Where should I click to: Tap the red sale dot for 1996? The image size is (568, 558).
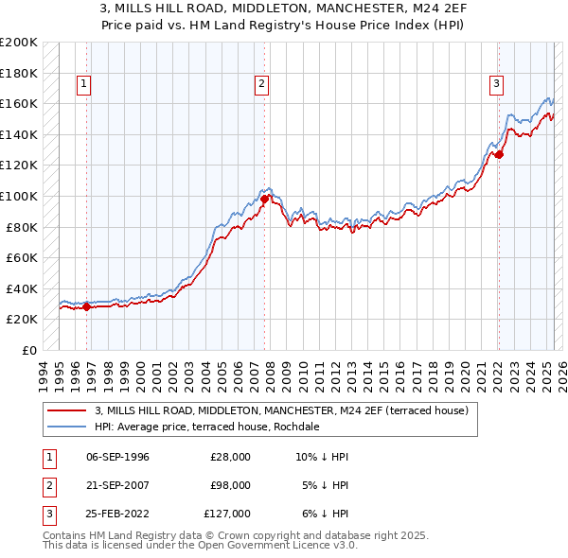click(86, 306)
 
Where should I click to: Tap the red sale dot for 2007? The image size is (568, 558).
click(264, 200)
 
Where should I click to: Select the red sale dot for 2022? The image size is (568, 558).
click(499, 155)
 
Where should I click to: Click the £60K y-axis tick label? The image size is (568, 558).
click(22, 257)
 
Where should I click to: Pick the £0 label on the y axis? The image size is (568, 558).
click(28, 350)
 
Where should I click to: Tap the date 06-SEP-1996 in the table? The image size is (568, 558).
click(117, 457)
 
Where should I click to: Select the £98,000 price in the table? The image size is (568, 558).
click(231, 485)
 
